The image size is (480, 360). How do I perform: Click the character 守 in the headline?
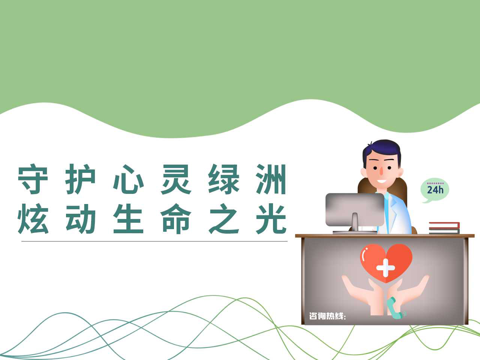33,179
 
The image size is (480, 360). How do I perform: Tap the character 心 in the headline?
128,179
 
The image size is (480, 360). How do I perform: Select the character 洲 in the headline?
271,179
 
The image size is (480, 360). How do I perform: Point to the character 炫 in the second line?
33,219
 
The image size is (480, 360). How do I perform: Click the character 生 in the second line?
128,219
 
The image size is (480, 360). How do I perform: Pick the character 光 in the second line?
271,219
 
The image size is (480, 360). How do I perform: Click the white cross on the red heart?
385,267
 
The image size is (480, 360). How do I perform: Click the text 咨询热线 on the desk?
327,316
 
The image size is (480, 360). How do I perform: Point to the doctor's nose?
381,171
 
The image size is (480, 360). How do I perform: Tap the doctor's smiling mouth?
382,181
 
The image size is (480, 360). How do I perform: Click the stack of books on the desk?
444,228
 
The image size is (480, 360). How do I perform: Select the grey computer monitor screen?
355,209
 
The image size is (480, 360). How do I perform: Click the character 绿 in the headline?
223,179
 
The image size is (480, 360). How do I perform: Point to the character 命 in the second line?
176,219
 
